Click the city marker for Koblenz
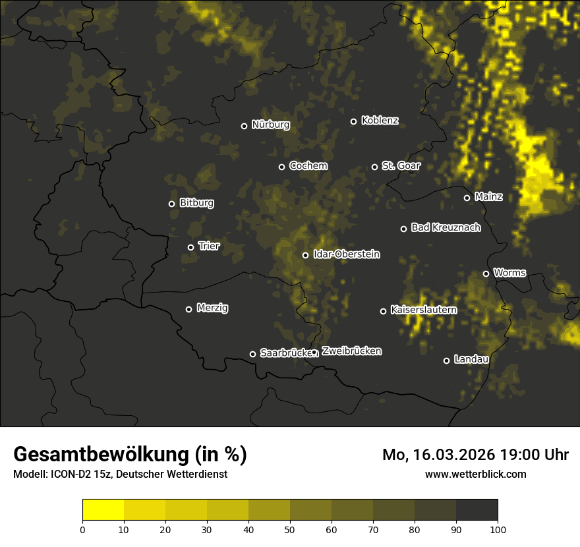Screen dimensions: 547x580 point(353,121)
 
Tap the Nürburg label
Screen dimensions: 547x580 point(270,125)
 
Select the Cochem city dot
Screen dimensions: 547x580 point(281,167)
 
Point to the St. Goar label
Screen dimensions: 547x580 point(401,165)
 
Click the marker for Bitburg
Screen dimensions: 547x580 point(171,204)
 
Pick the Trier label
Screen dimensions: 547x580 point(209,246)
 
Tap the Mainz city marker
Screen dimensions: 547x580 point(467,198)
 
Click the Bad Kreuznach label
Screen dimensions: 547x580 point(446,227)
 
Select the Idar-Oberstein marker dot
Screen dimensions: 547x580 point(305,255)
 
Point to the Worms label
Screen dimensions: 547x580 point(509,272)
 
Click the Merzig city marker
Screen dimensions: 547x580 point(188,309)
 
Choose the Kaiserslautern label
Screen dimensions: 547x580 point(423,310)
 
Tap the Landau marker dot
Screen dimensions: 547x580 point(446,360)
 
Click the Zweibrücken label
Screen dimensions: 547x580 point(351,351)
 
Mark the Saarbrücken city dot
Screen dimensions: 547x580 point(252,354)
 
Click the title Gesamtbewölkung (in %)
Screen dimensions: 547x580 point(130,455)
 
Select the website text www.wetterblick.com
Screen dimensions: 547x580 point(476,474)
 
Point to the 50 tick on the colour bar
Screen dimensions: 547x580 point(290,529)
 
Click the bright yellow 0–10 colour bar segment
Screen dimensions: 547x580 point(103,510)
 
